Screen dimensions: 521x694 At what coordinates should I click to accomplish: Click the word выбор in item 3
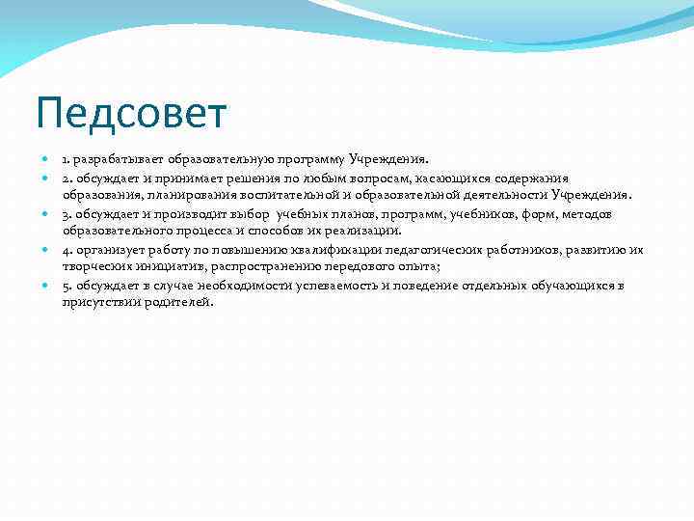[x=250, y=214]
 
